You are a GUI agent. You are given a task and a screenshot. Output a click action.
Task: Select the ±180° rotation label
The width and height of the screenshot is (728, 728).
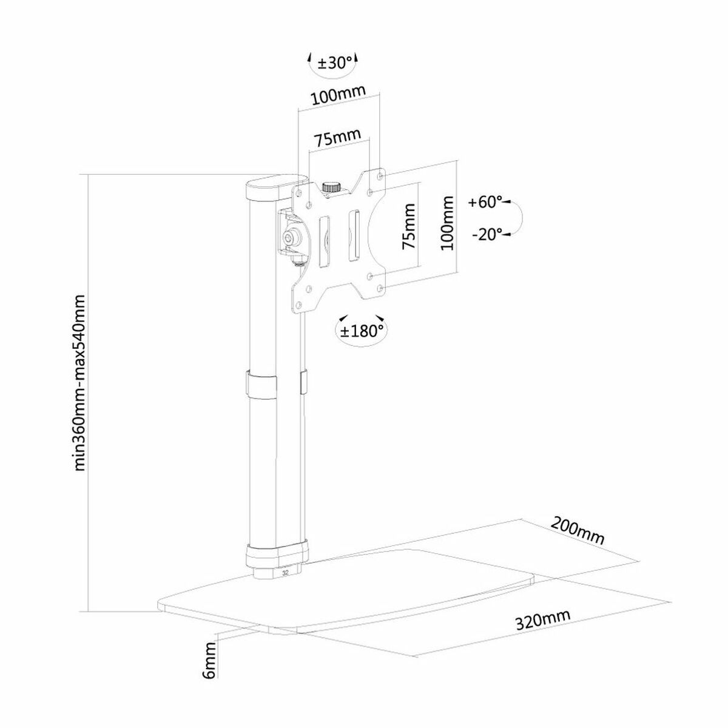coord(362,331)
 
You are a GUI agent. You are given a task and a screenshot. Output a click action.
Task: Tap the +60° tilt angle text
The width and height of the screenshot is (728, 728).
coord(485,203)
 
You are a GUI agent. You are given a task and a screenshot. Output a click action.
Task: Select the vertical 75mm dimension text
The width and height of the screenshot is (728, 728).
coord(408,227)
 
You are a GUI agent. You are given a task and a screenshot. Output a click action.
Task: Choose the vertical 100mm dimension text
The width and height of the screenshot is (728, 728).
coord(448,223)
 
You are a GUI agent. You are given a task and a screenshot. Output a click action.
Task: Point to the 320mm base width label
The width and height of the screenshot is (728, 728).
coord(543,621)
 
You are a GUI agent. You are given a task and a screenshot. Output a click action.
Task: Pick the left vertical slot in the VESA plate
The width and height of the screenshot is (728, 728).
coord(324,241)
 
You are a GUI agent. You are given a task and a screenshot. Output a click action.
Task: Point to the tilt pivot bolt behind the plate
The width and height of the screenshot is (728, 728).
coord(292,236)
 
